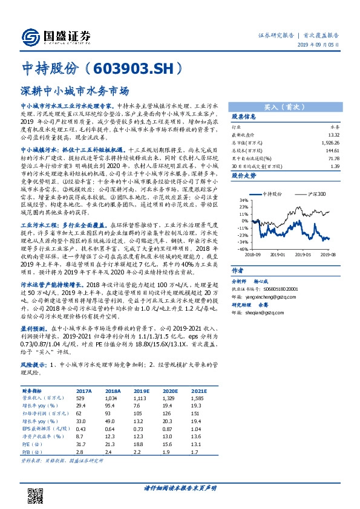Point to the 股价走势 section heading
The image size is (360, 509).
point(244,175)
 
